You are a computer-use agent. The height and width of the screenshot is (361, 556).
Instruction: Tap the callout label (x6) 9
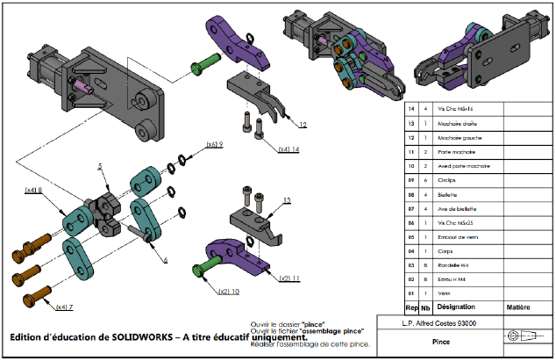tap(215, 144)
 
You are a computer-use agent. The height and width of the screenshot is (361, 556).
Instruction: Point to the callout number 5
tap(101, 166)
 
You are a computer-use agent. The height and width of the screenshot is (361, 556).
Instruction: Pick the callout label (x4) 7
tap(65, 307)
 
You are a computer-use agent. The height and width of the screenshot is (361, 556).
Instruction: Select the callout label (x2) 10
tap(216, 291)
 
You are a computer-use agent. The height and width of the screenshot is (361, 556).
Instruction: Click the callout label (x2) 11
tap(289, 278)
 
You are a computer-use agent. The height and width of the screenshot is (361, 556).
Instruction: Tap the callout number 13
tap(286, 200)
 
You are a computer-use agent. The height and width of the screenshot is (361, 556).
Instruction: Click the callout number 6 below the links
tap(164, 259)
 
